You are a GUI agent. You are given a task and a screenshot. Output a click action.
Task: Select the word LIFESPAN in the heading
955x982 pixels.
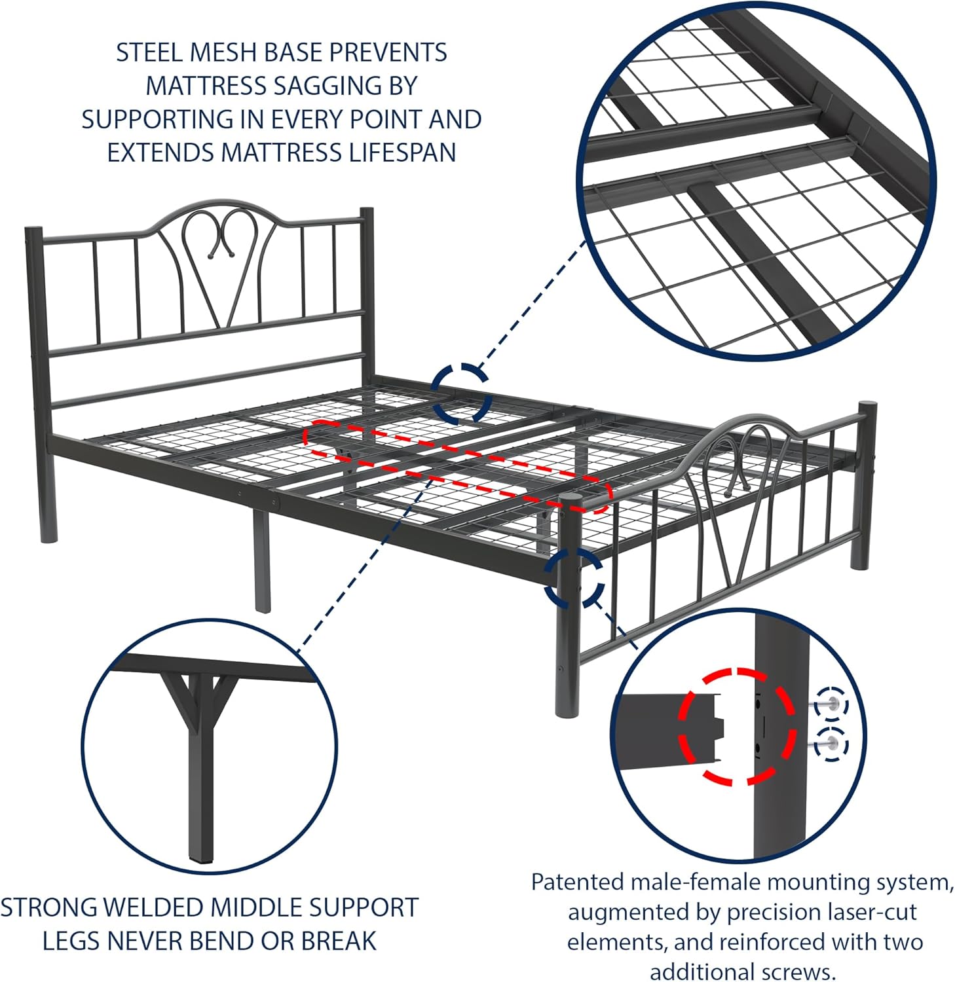[402, 153]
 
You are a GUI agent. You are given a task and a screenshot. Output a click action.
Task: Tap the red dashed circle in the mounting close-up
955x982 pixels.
[737, 726]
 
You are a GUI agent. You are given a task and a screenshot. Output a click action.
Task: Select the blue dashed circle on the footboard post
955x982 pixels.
[574, 577]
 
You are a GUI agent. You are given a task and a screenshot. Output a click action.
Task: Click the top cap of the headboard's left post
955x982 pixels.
[30, 230]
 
